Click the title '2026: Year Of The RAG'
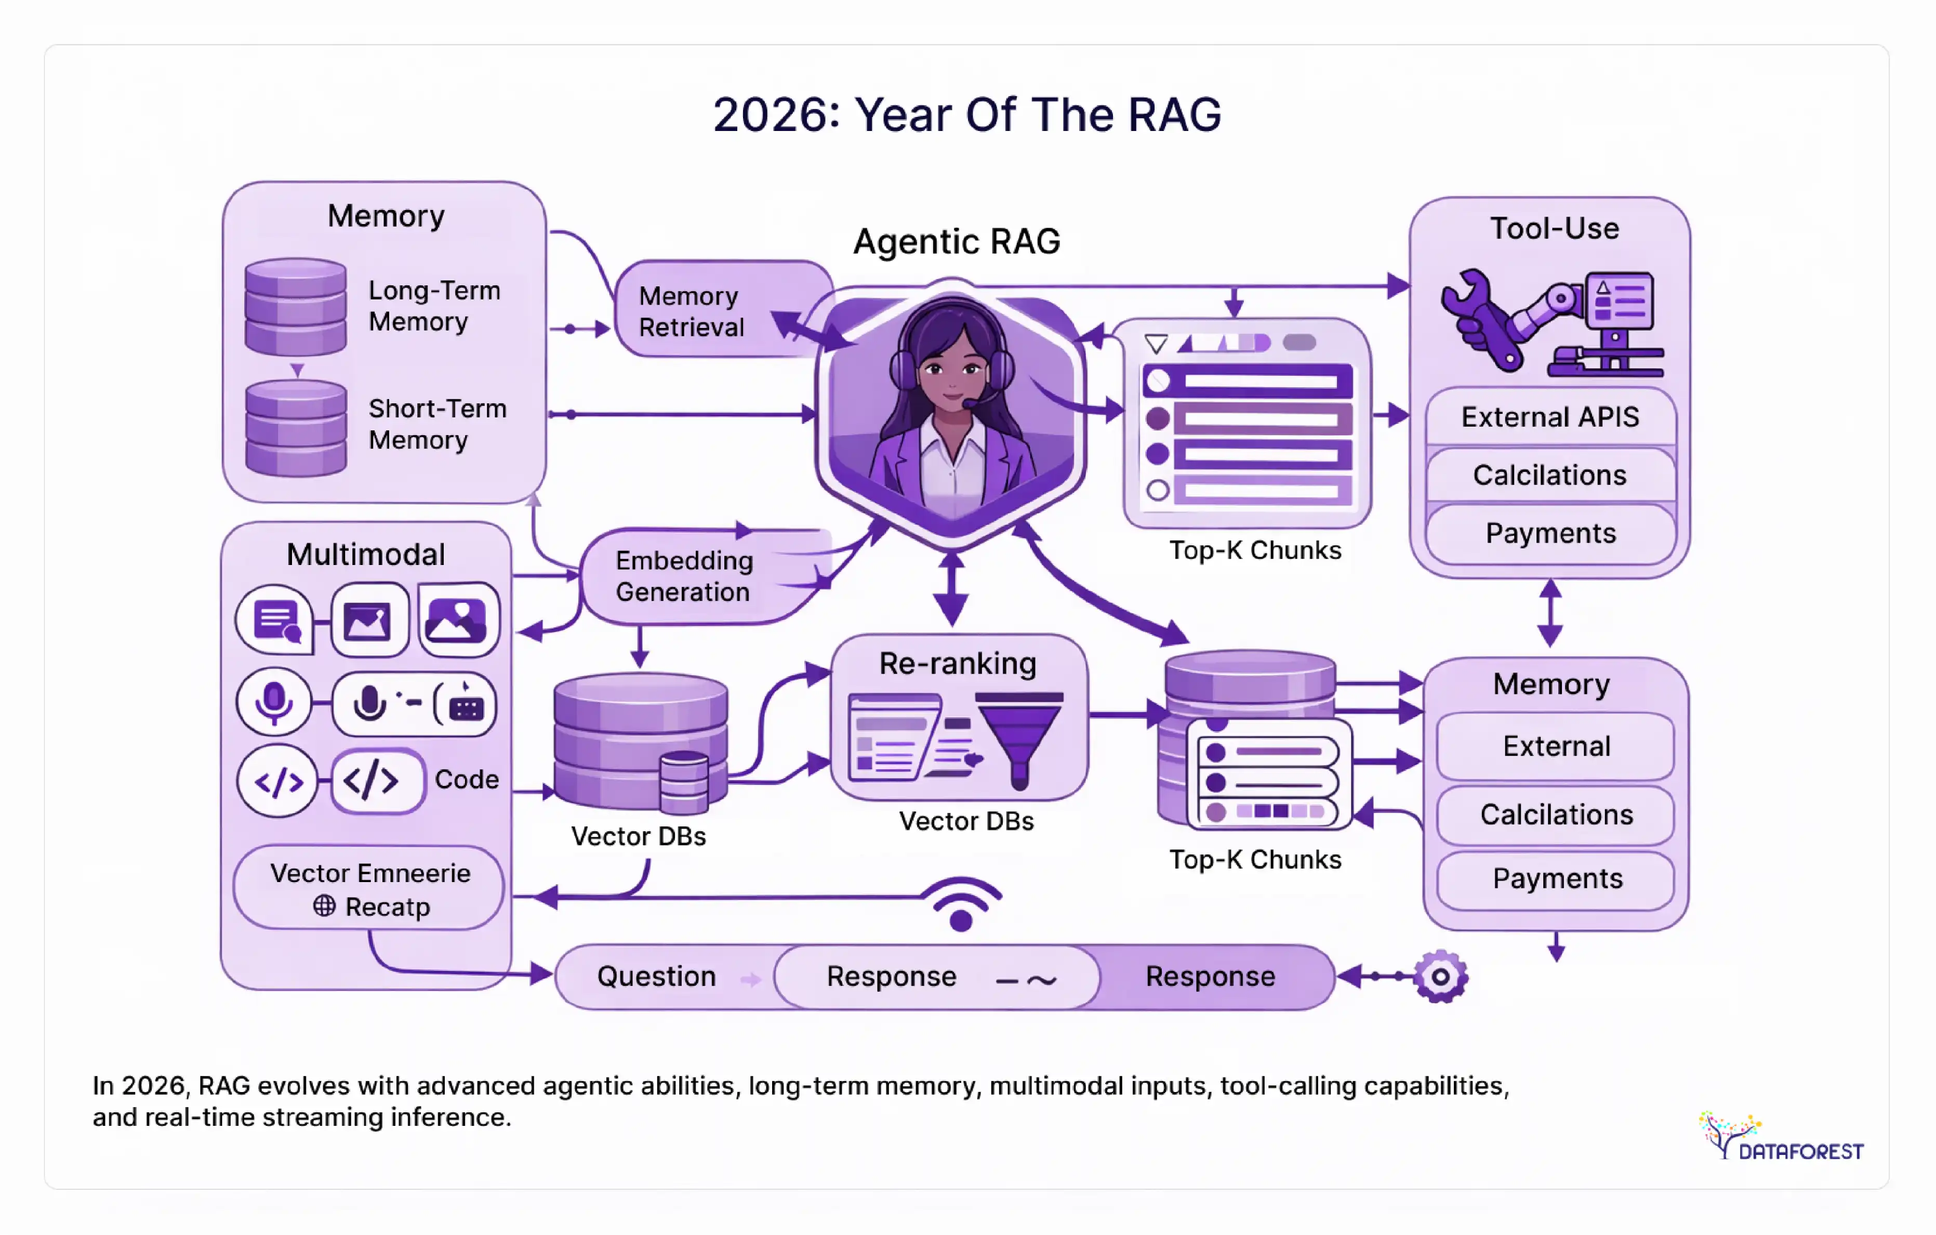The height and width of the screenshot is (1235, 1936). [x=966, y=114]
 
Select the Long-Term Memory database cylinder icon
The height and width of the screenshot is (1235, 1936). [x=296, y=306]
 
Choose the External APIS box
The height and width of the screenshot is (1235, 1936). [x=1549, y=416]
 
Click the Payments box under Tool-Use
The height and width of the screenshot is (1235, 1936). [x=1549, y=533]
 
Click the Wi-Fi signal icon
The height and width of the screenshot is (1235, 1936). [x=962, y=904]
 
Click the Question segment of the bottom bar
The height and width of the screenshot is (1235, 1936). [x=657, y=976]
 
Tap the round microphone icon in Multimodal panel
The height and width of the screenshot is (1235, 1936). [x=274, y=701]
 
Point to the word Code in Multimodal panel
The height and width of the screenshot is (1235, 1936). [x=466, y=779]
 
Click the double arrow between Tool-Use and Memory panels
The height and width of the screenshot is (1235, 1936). [x=1549, y=613]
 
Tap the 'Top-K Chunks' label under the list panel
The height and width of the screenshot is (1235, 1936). [x=1254, y=550]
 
